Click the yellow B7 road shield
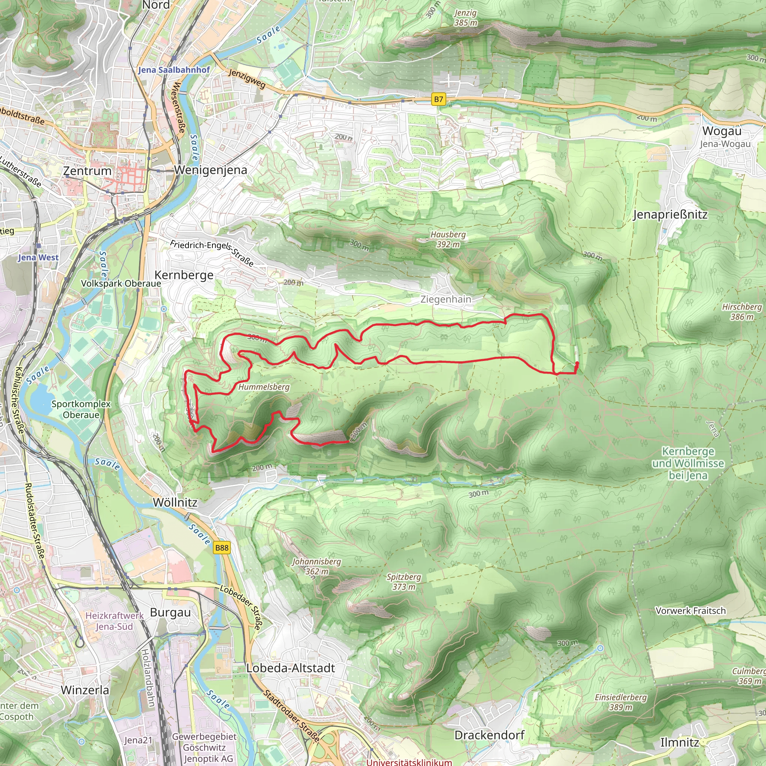click(x=438, y=99)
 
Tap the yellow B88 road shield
click(x=222, y=548)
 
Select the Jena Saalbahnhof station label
click(x=174, y=70)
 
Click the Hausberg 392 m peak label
click(x=448, y=239)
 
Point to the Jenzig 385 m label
click(x=465, y=18)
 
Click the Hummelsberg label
click(x=264, y=387)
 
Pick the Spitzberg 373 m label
click(x=404, y=582)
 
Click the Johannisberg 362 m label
click(x=316, y=567)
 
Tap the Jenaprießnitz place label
click(x=670, y=215)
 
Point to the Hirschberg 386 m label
click(x=742, y=312)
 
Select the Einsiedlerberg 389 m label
click(x=621, y=702)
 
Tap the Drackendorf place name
click(x=489, y=735)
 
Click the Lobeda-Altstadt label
click(x=291, y=668)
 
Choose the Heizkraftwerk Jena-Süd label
click(x=114, y=621)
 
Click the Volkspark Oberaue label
click(x=121, y=284)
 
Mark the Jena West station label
click(x=38, y=258)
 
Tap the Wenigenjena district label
click(x=211, y=170)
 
